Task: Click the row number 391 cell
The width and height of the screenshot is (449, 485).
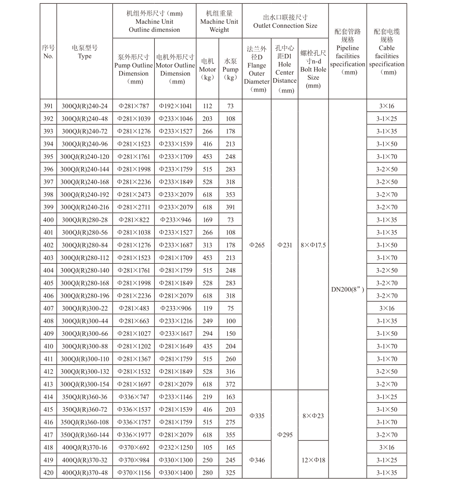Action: [x=48, y=106]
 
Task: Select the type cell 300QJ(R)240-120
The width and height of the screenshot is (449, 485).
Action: [x=84, y=157]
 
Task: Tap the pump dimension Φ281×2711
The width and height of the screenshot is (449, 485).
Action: [x=134, y=207]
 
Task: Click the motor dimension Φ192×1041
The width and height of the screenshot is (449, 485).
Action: [x=175, y=106]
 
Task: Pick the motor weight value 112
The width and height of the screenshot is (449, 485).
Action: [x=207, y=106]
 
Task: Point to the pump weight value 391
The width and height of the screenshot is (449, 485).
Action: [x=231, y=207]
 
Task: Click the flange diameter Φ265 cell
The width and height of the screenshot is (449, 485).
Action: [x=257, y=245]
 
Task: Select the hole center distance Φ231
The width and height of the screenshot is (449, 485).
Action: [x=285, y=245]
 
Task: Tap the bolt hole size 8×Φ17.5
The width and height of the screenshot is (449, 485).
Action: [x=313, y=245]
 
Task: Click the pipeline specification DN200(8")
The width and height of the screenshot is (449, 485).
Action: [x=347, y=289]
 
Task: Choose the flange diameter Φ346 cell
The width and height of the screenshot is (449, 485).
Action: [x=257, y=460]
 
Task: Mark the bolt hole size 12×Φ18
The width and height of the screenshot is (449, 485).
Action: [x=313, y=460]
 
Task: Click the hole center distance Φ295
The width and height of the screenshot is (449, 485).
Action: [x=285, y=435]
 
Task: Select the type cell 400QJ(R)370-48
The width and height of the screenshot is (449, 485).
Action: [x=84, y=472]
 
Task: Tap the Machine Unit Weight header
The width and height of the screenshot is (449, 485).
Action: [x=219, y=22]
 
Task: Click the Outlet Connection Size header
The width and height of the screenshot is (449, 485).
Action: [x=285, y=22]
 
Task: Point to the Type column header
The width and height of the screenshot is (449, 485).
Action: [x=84, y=52]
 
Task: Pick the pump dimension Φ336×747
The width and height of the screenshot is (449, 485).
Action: [x=134, y=397]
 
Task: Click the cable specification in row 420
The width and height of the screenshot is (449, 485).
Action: [x=387, y=472]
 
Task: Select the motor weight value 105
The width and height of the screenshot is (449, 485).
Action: [x=207, y=447]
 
